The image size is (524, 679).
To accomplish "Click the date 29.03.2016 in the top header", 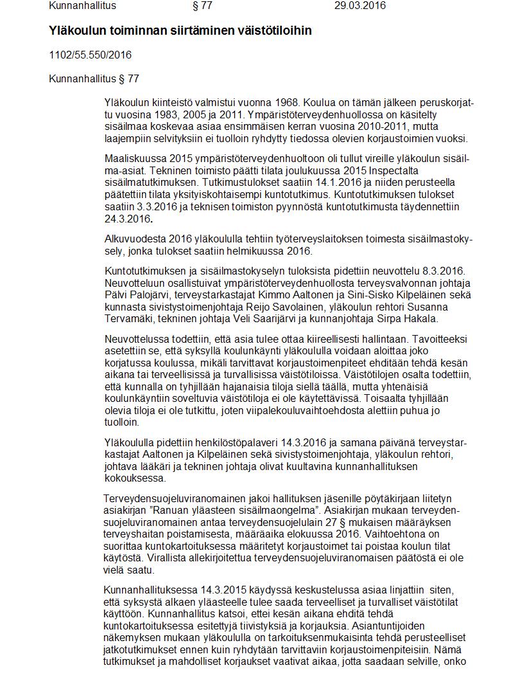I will point(360,6).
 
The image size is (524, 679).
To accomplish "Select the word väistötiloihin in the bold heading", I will point(275,30).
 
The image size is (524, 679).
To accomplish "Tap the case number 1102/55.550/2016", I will point(90,55).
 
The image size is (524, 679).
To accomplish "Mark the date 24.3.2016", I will point(126,219).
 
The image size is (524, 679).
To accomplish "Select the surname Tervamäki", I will point(130,319).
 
